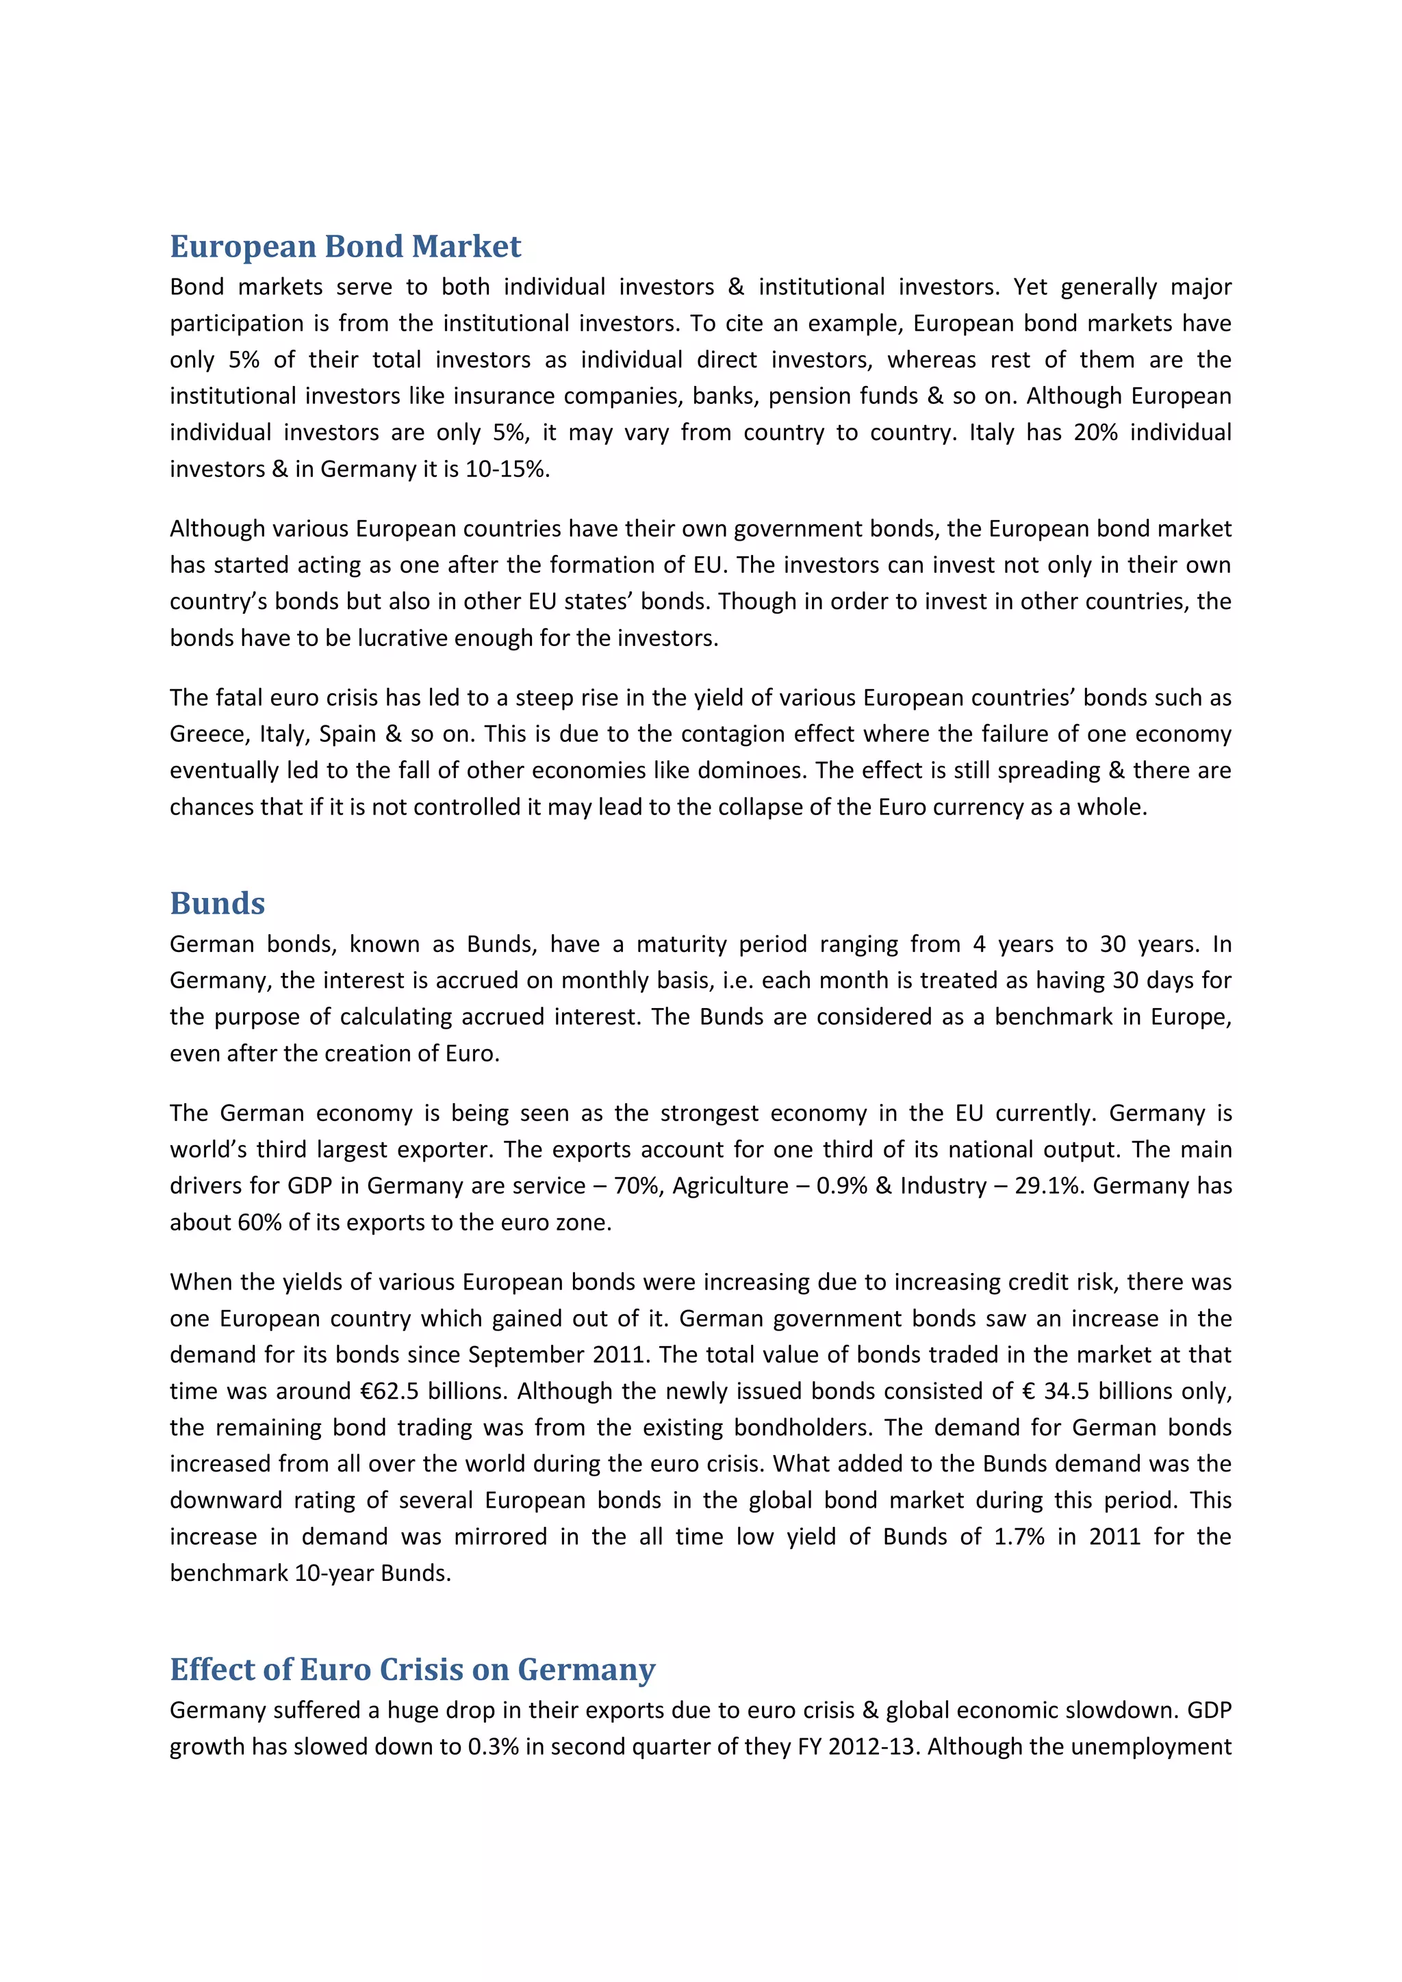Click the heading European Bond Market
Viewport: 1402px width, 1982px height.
click(x=345, y=247)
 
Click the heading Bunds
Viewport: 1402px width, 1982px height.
click(x=218, y=904)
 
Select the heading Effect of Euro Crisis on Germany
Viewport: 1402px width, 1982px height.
click(x=413, y=1669)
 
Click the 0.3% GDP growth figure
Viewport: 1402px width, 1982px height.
click(x=493, y=1747)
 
